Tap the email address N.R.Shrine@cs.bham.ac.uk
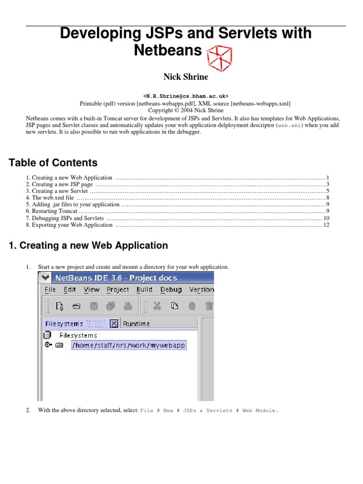[182, 95]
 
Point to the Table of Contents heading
[53, 163]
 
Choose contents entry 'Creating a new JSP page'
[59, 184]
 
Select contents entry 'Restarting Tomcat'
[52, 211]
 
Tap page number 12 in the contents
[326, 225]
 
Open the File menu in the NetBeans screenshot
[50, 290]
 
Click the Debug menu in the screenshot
[171, 290]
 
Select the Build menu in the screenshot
[144, 290]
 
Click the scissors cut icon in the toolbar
[157, 306]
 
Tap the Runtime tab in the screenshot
[137, 324]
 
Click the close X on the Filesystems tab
[113, 324]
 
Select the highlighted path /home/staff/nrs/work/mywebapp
[129, 346]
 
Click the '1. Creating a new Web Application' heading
[88, 246]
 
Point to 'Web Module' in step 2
[259, 411]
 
